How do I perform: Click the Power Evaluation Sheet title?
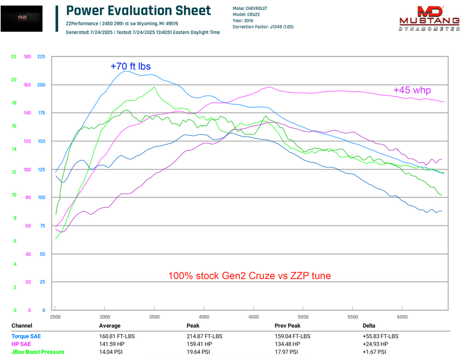(x=131, y=12)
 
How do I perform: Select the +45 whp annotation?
(x=412, y=90)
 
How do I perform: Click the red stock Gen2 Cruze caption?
(x=250, y=276)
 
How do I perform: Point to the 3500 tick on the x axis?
(x=154, y=317)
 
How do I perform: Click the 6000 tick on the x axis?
(x=402, y=317)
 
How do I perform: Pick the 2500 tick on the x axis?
(x=55, y=317)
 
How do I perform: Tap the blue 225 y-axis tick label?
(x=40, y=56)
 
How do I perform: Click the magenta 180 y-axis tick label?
(x=27, y=56)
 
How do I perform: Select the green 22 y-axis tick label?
(x=13, y=56)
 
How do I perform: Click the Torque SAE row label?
(x=27, y=336)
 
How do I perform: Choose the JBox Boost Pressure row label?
(x=38, y=351)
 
